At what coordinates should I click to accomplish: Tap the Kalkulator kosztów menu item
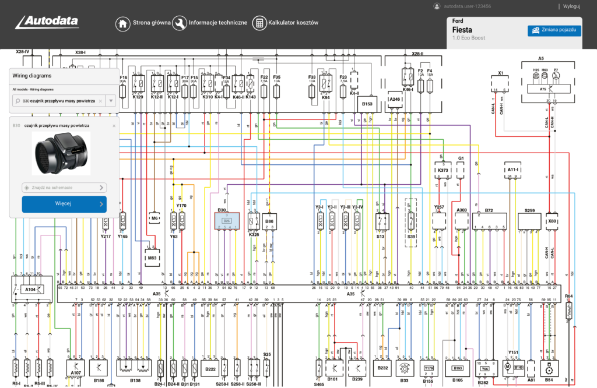pyautogui.click(x=286, y=23)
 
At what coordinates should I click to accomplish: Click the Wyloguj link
pyautogui.click(x=571, y=6)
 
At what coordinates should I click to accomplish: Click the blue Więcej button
pyautogui.click(x=64, y=204)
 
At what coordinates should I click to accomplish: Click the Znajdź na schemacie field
pyautogui.click(x=64, y=188)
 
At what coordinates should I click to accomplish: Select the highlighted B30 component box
pyautogui.click(x=227, y=221)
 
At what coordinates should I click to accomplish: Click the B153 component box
pyautogui.click(x=367, y=104)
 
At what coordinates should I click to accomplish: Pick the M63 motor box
pyautogui.click(x=152, y=257)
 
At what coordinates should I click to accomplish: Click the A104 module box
pyautogui.click(x=30, y=288)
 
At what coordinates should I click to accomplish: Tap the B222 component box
pyautogui.click(x=210, y=369)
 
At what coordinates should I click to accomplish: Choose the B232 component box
pyautogui.click(x=383, y=368)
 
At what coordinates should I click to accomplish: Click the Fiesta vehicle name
pyautogui.click(x=462, y=30)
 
